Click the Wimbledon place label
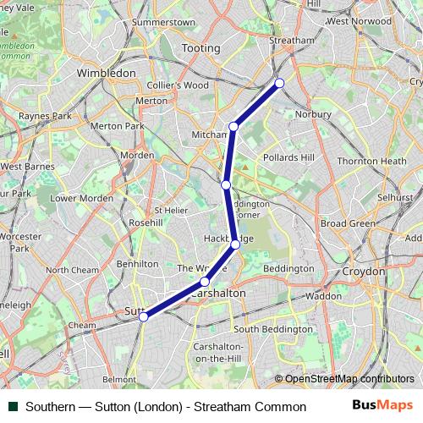(106, 74)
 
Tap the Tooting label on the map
(200, 49)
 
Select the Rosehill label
(145, 222)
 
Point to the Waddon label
(323, 296)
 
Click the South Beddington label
(272, 329)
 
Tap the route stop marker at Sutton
(144, 316)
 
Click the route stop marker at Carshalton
(205, 282)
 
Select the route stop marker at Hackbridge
(235, 244)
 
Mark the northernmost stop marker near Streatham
(279, 82)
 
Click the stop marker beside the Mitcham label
(233, 127)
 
